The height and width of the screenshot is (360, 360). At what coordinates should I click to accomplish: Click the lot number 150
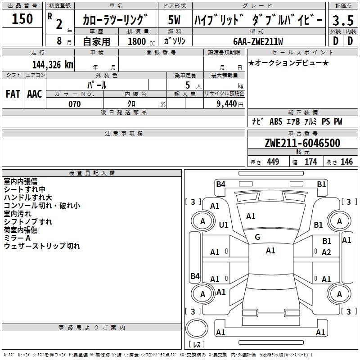click(x=22, y=18)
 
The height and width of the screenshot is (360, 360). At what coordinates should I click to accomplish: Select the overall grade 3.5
click(x=343, y=20)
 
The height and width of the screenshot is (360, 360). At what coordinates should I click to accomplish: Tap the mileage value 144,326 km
click(x=53, y=65)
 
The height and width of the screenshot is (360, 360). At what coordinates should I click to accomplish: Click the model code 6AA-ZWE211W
click(x=258, y=41)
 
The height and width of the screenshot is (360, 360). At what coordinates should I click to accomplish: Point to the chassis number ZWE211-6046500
click(x=302, y=143)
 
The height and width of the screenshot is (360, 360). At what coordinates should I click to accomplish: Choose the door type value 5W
click(x=174, y=20)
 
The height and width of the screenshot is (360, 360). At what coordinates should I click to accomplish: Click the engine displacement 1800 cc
click(x=141, y=41)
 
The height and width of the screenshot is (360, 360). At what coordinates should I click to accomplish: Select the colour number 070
click(x=75, y=104)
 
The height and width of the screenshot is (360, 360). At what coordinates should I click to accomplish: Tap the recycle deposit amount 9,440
click(x=227, y=104)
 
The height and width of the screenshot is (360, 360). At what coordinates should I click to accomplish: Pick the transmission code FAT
click(x=13, y=94)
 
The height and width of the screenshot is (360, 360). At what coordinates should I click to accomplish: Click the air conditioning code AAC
click(x=35, y=94)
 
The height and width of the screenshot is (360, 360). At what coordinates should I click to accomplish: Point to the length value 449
click(x=273, y=162)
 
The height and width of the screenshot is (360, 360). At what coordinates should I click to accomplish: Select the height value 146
click(x=346, y=162)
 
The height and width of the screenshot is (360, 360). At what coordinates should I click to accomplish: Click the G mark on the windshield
click(x=257, y=237)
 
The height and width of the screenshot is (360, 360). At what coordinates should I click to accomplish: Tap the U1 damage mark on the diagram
click(x=224, y=225)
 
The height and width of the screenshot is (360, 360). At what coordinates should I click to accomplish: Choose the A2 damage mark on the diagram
click(x=326, y=252)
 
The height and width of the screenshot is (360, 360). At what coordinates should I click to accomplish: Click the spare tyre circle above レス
click(x=197, y=328)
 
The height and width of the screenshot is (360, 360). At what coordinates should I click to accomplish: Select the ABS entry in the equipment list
click(x=276, y=121)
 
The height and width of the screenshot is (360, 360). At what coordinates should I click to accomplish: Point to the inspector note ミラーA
click(x=17, y=238)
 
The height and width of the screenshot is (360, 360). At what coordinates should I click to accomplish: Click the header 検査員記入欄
click(x=92, y=173)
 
